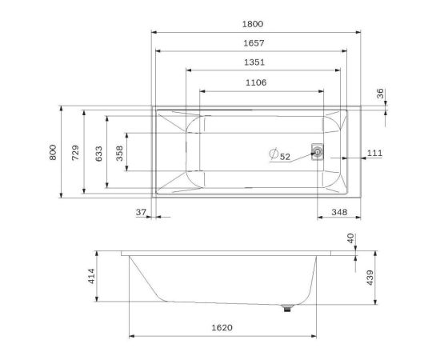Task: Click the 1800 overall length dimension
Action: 256,25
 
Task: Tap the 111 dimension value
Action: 374,152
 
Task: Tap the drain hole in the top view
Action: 318,151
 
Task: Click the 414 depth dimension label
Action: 90,277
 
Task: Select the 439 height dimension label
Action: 369,277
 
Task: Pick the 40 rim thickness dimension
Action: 350,238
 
